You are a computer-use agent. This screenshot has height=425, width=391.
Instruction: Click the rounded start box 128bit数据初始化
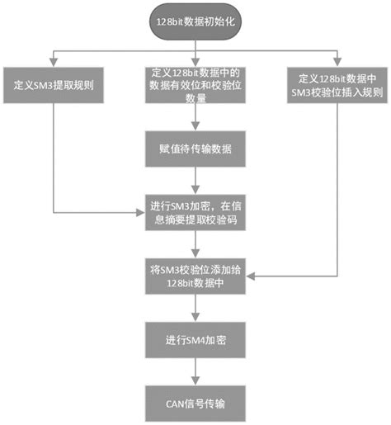[195, 21]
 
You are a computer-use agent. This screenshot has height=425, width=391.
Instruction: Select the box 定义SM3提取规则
[54, 85]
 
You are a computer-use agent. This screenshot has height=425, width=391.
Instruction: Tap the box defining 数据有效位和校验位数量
[195, 85]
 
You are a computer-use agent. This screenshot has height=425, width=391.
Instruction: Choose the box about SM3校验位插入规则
[337, 85]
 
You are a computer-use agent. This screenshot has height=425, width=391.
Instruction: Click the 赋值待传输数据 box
[195, 149]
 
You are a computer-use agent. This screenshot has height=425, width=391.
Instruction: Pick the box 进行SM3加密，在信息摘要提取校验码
[195, 212]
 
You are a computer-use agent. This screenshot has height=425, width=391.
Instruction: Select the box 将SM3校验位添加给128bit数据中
[195, 276]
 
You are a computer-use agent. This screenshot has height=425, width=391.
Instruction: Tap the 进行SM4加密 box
[195, 340]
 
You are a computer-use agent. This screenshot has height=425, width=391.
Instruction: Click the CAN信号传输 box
[195, 404]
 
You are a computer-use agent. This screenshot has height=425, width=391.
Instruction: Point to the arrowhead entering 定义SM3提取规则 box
[54, 63]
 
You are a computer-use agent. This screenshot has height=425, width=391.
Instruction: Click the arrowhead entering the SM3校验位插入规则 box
[337, 63]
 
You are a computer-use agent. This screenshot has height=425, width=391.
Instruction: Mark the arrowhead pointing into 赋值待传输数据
[195, 126]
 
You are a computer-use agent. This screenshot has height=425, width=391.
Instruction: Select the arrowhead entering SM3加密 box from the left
[141, 212]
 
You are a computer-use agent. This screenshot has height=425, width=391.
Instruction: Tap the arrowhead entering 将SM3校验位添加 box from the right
[250, 276]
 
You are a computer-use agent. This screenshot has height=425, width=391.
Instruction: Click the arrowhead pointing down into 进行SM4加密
[195, 318]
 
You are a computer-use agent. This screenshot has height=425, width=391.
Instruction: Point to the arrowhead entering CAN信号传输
[195, 381]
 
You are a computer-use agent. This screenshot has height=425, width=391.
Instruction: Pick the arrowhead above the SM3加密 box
[195, 190]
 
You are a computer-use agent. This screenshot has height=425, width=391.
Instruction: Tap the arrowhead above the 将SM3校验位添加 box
[195, 253]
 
